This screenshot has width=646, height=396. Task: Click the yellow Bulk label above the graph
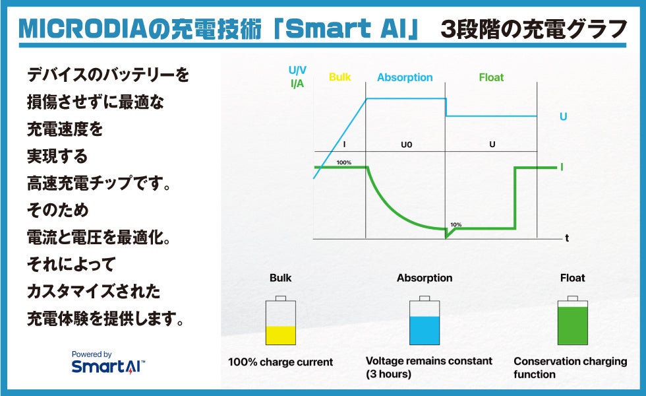[340, 77]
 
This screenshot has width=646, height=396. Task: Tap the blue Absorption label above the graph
[405, 78]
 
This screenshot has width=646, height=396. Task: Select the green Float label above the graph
[491, 77]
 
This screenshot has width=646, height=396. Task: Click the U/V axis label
[297, 70]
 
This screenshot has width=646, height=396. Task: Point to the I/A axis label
[297, 84]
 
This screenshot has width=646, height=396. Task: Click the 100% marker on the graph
[344, 162]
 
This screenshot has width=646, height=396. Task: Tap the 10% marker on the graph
[455, 225]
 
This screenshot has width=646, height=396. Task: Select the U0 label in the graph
[407, 145]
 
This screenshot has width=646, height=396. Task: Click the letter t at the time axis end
[567, 238]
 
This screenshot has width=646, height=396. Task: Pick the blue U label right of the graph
[563, 117]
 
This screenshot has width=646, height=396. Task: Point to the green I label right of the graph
[562, 167]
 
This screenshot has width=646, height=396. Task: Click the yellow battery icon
[281, 320]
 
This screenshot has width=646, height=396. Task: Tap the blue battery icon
[425, 320]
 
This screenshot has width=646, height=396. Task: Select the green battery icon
[573, 320]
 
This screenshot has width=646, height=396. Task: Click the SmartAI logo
[108, 366]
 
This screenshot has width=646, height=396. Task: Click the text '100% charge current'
[281, 362]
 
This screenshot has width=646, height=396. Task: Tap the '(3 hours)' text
[388, 374]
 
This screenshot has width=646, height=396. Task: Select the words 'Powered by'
[92, 354]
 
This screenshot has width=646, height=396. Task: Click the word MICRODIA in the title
[83, 29]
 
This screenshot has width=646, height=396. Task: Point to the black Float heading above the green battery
[573, 278]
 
